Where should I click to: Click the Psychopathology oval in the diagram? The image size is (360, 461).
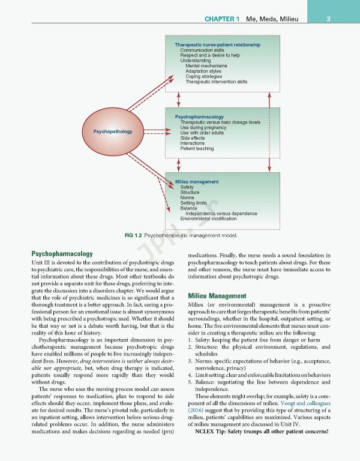pos(113,131)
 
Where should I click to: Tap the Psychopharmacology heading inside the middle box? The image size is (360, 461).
pos(199,116)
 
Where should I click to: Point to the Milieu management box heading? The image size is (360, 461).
pos(197,181)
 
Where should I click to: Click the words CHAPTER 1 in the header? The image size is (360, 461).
pos(222,19)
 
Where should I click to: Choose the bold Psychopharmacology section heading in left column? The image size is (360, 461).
pos(62,254)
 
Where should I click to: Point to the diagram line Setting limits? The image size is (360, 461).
pos(193,203)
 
